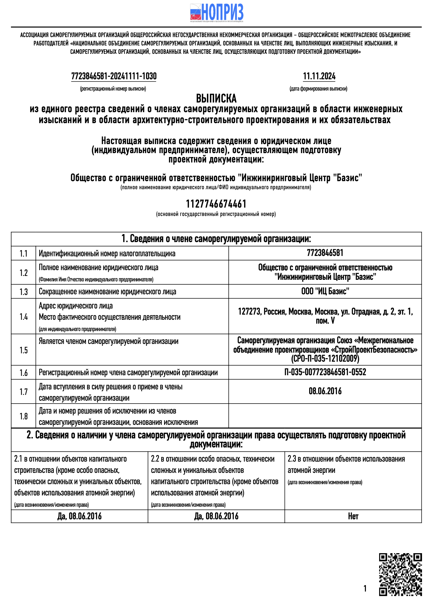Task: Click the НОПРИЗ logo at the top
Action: tap(216, 13)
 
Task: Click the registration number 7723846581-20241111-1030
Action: tap(114, 76)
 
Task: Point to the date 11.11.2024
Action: tap(319, 76)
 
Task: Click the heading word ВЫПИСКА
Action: tap(216, 98)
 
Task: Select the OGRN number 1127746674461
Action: tap(216, 204)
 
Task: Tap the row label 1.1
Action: tap(24, 254)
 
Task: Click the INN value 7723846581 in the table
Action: tap(325, 253)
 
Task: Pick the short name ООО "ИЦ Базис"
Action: tap(325, 291)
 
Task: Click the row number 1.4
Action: tap(24, 317)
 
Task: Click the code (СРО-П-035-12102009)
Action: tap(325, 359)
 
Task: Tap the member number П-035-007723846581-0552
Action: tap(325, 372)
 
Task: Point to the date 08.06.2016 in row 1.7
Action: tap(325, 391)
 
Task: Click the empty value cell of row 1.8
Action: tap(325, 416)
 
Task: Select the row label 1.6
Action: tap(24, 373)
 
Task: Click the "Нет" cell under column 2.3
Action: tap(353, 516)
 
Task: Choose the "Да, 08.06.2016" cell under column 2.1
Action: tap(79, 516)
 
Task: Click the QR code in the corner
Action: tap(400, 574)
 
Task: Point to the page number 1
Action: tap(365, 589)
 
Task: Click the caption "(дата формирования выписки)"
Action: tap(318, 89)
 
